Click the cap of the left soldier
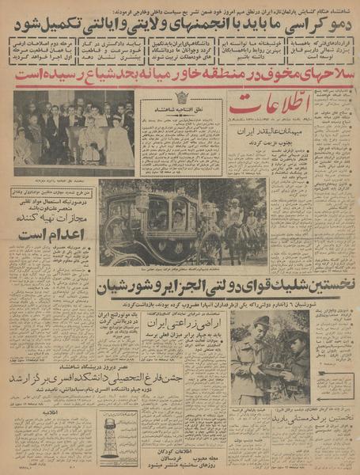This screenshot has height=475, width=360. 262,321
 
